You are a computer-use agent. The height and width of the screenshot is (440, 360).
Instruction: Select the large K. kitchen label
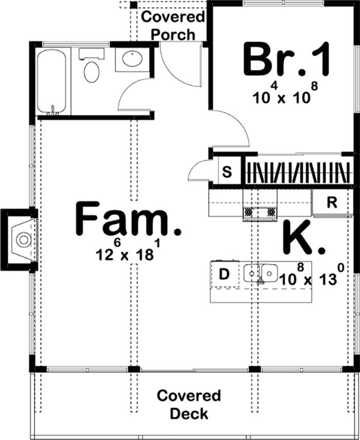[303, 240]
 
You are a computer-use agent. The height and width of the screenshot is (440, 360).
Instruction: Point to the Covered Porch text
[173, 26]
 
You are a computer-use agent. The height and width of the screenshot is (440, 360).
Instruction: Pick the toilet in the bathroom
[92, 72]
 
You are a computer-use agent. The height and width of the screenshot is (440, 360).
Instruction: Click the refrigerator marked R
[332, 203]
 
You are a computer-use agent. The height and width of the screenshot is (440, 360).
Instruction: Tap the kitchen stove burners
[260, 212]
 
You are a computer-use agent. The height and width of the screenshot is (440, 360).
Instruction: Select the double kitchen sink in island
[260, 273]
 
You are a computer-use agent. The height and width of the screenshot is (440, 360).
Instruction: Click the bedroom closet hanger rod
[298, 173]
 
